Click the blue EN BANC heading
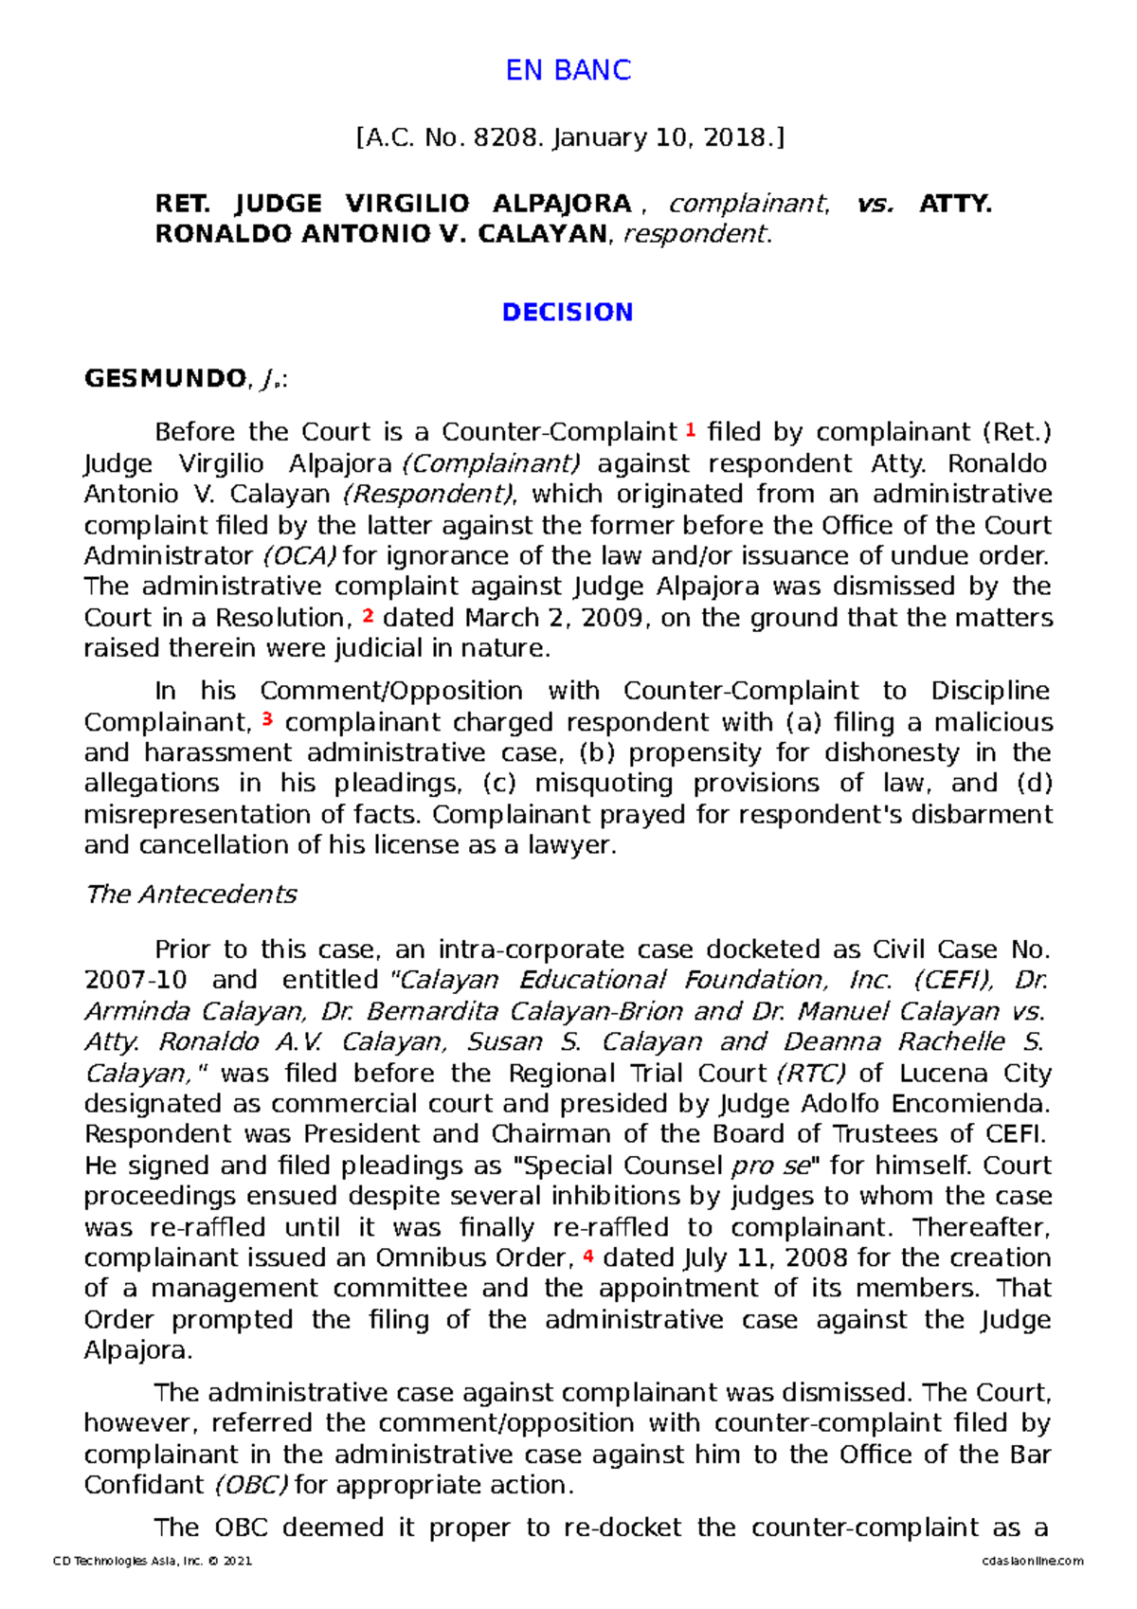pyautogui.click(x=568, y=70)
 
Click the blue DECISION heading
pyautogui.click(x=568, y=313)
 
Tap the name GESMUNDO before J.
pyautogui.click(x=165, y=379)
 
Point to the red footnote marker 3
pyautogui.click(x=267, y=719)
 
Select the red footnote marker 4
pyautogui.click(x=588, y=1256)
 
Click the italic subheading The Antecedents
pyautogui.click(x=190, y=895)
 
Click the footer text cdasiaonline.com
pyautogui.click(x=1033, y=1561)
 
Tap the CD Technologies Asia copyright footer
pyautogui.click(x=153, y=1561)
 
